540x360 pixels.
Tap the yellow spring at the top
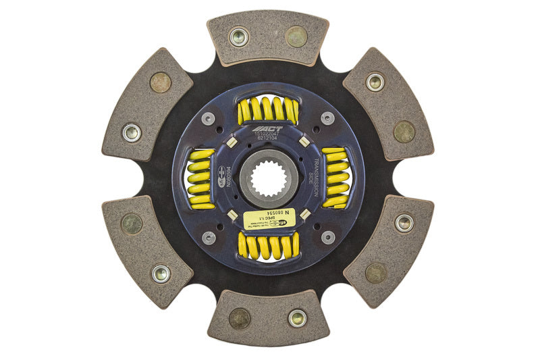tap(268, 109)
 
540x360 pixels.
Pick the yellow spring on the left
tap(200, 179)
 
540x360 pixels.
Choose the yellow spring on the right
tap(335, 178)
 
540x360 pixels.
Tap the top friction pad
tap(268, 37)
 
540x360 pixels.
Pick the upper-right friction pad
tap(388, 105)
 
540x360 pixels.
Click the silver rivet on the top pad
tap(238, 36)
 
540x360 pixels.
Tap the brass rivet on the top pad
tap(296, 36)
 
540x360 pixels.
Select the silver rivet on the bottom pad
tap(297, 318)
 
